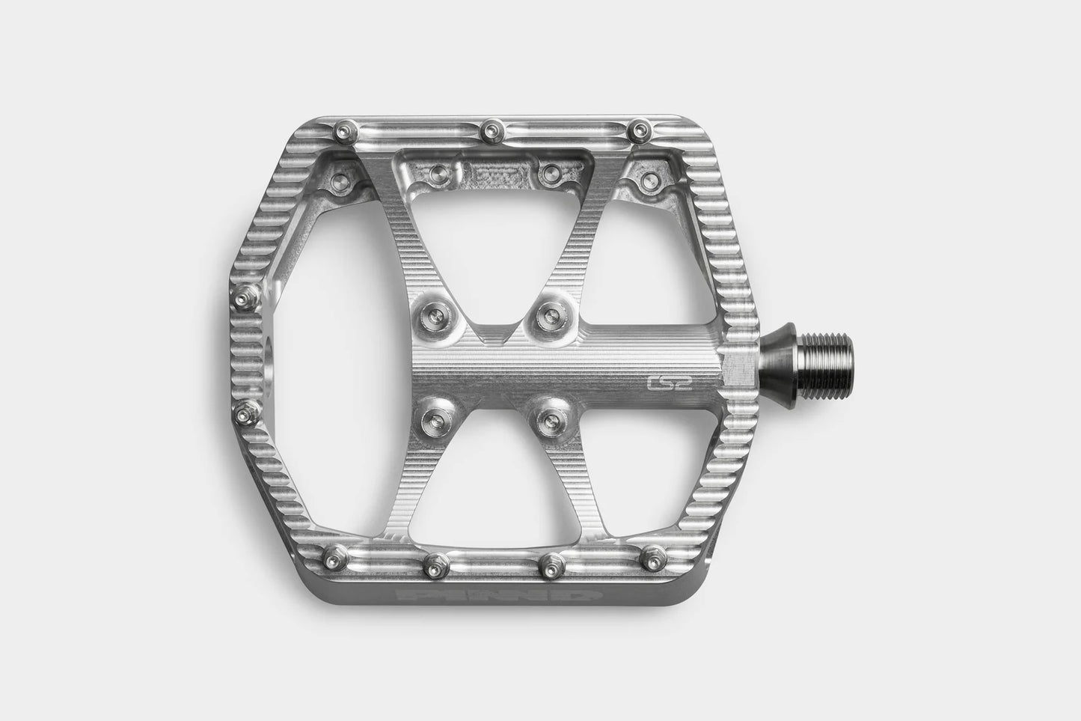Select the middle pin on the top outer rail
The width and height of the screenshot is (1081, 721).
[490, 133]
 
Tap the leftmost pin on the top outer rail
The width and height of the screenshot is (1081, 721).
[345, 131]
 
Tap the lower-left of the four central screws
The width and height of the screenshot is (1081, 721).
[432, 414]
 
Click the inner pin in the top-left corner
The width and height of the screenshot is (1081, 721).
[341, 180]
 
